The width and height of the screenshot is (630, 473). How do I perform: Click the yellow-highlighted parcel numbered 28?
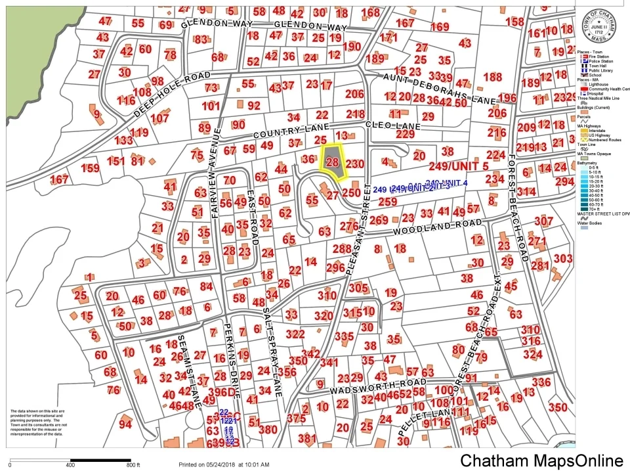[333, 162]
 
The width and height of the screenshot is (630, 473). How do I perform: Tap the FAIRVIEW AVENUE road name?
[214, 191]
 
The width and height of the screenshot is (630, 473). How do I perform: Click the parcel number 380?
[268, 430]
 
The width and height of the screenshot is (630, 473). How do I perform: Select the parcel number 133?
[123, 141]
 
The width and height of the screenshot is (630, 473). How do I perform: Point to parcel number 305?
[358, 288]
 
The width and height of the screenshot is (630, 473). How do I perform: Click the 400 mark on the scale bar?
[70, 466]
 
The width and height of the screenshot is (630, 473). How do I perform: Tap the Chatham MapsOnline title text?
[541, 461]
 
